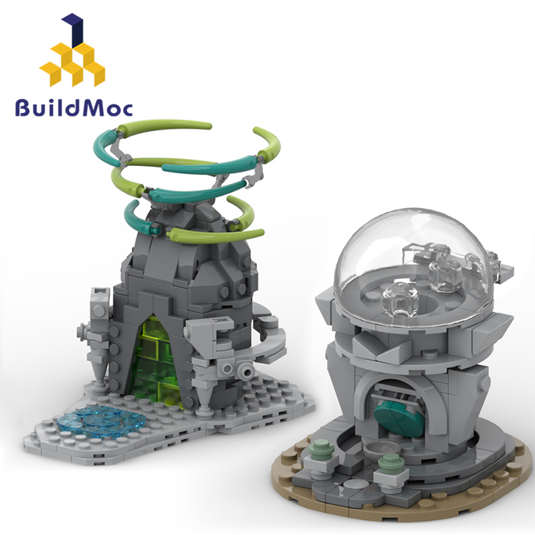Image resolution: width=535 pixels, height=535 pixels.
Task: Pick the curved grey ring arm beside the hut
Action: click(267, 334)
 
